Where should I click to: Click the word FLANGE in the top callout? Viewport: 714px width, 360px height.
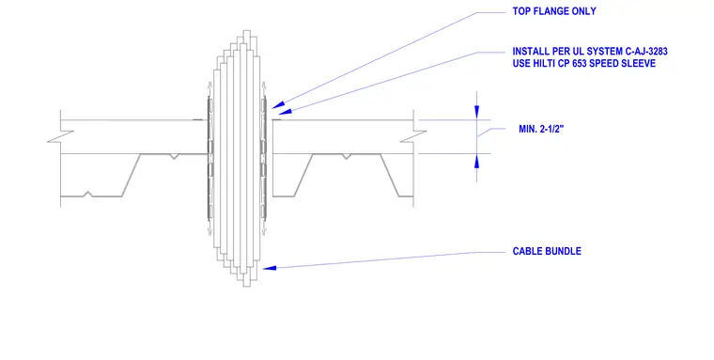click(551, 11)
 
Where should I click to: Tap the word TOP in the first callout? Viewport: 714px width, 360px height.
click(520, 11)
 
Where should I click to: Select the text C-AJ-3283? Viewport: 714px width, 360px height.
click(646, 52)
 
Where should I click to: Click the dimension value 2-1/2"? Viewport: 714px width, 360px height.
click(551, 129)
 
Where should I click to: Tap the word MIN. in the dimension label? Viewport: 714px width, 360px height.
click(528, 129)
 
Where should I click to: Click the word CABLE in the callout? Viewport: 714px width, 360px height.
click(527, 251)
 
